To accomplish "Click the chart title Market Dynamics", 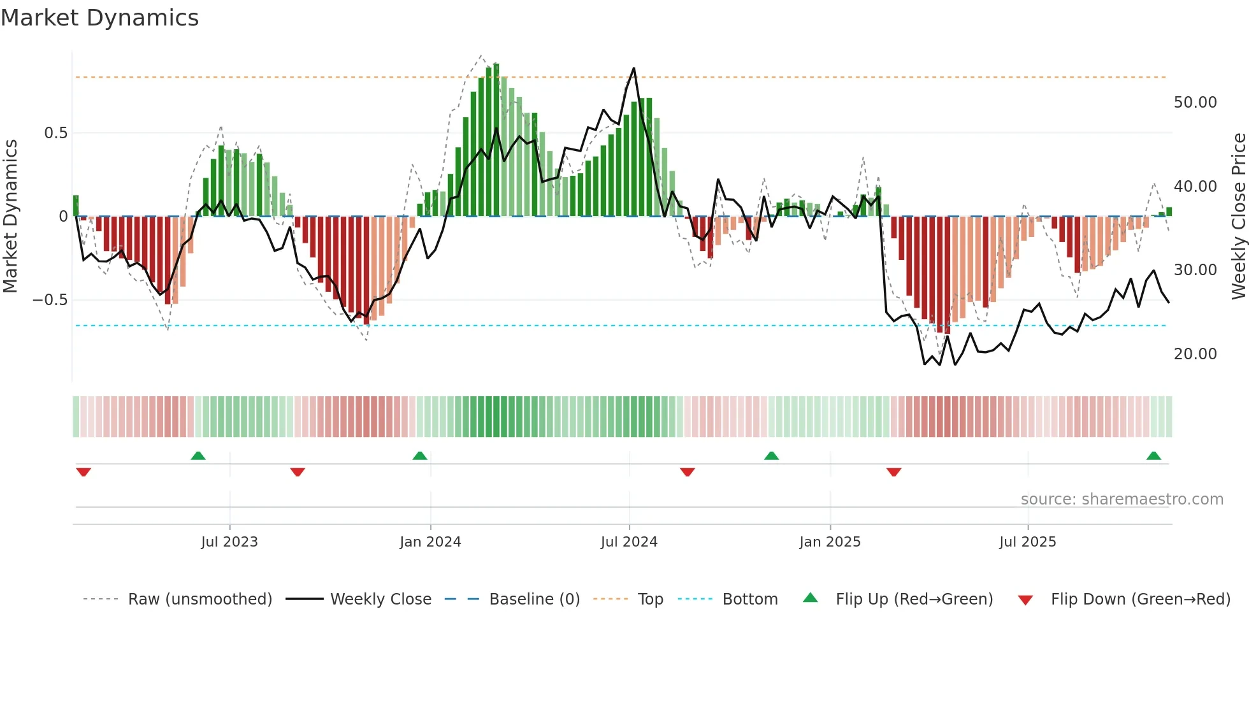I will (x=99, y=18).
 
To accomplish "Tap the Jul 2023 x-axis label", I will (x=229, y=542).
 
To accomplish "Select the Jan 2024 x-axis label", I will (x=430, y=542).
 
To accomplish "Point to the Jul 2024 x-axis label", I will (x=629, y=542).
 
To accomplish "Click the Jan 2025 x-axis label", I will (x=830, y=542).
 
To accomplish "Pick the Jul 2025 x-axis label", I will (x=1027, y=542).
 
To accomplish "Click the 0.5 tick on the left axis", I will (x=55, y=133).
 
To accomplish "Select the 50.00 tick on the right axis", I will (x=1195, y=103).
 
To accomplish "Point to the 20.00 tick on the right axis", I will (x=1195, y=354).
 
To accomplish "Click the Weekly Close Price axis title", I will (x=1238, y=216).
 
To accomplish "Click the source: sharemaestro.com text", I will (x=1122, y=499).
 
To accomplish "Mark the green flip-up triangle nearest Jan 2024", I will (x=419, y=456).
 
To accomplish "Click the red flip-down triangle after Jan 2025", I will (x=893, y=472).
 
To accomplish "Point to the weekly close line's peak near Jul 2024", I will (x=633, y=69).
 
